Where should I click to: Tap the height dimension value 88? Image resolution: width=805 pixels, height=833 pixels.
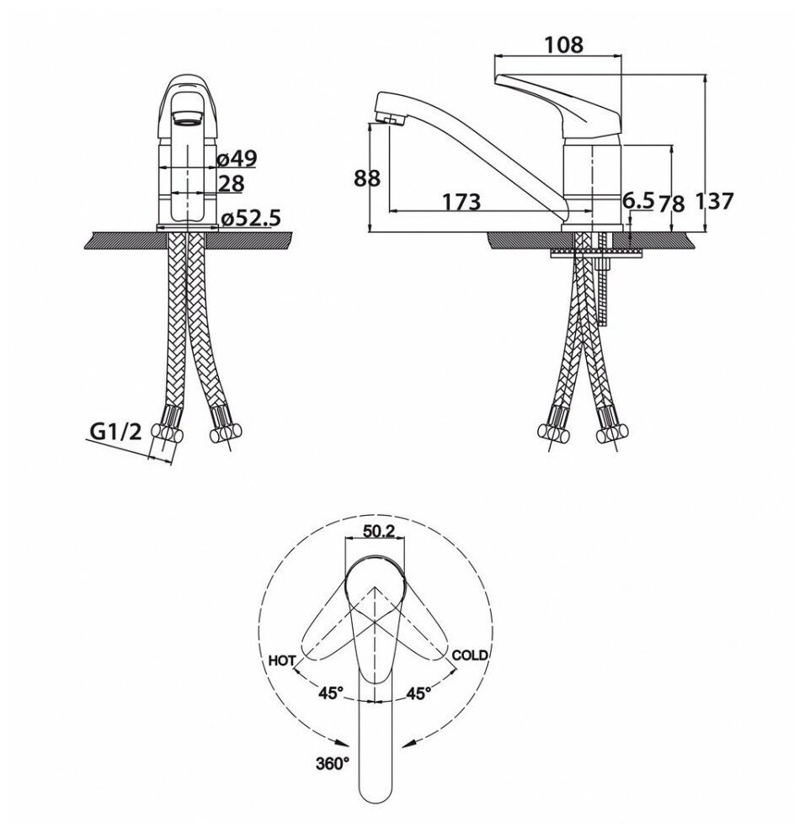[x=368, y=178]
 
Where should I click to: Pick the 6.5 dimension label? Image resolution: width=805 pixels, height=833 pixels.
[x=637, y=200]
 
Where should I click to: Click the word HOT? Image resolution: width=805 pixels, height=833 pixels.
[x=280, y=661]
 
